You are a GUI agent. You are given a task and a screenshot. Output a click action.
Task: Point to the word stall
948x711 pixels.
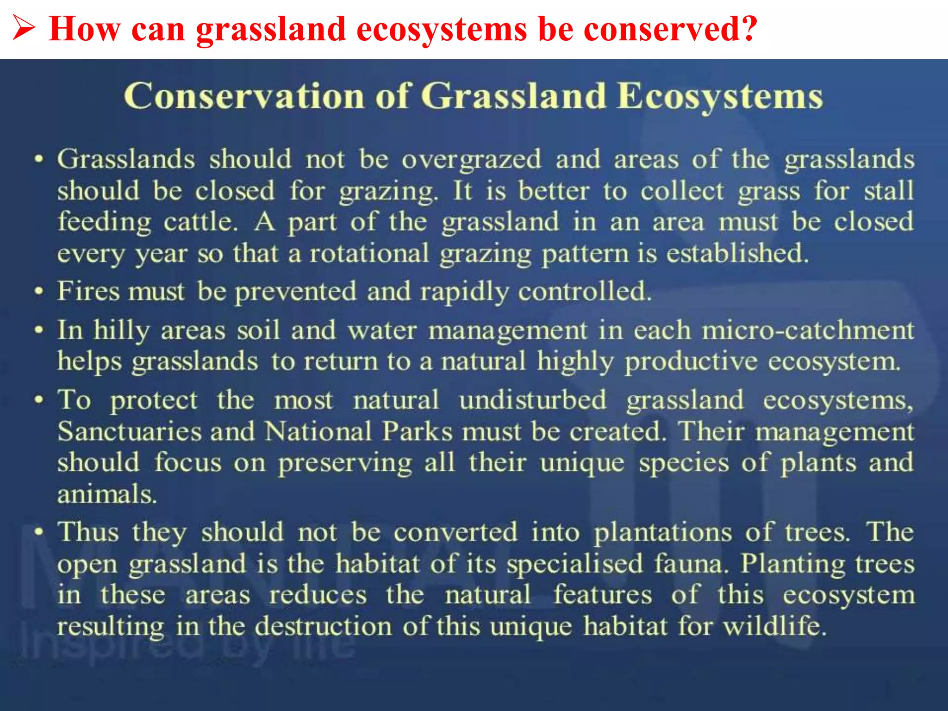tap(889, 191)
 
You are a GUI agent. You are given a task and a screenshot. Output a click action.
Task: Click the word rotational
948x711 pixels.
tap(369, 254)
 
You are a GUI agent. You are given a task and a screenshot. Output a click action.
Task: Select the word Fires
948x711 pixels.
tap(88, 292)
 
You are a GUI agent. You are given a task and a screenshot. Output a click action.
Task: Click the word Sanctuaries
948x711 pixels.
tap(130, 431)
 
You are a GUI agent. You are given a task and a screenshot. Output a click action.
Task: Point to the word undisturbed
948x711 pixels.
tap(532, 400)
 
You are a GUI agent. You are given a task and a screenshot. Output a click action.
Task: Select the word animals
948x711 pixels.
tap(106, 494)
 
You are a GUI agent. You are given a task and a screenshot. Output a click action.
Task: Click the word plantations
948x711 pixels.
tap(663, 532)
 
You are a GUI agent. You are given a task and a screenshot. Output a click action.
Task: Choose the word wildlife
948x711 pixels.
tap(774, 627)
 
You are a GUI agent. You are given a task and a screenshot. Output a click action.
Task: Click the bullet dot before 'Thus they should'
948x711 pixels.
tap(40, 531)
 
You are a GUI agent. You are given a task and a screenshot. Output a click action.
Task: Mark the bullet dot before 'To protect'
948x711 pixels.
tap(40, 399)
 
